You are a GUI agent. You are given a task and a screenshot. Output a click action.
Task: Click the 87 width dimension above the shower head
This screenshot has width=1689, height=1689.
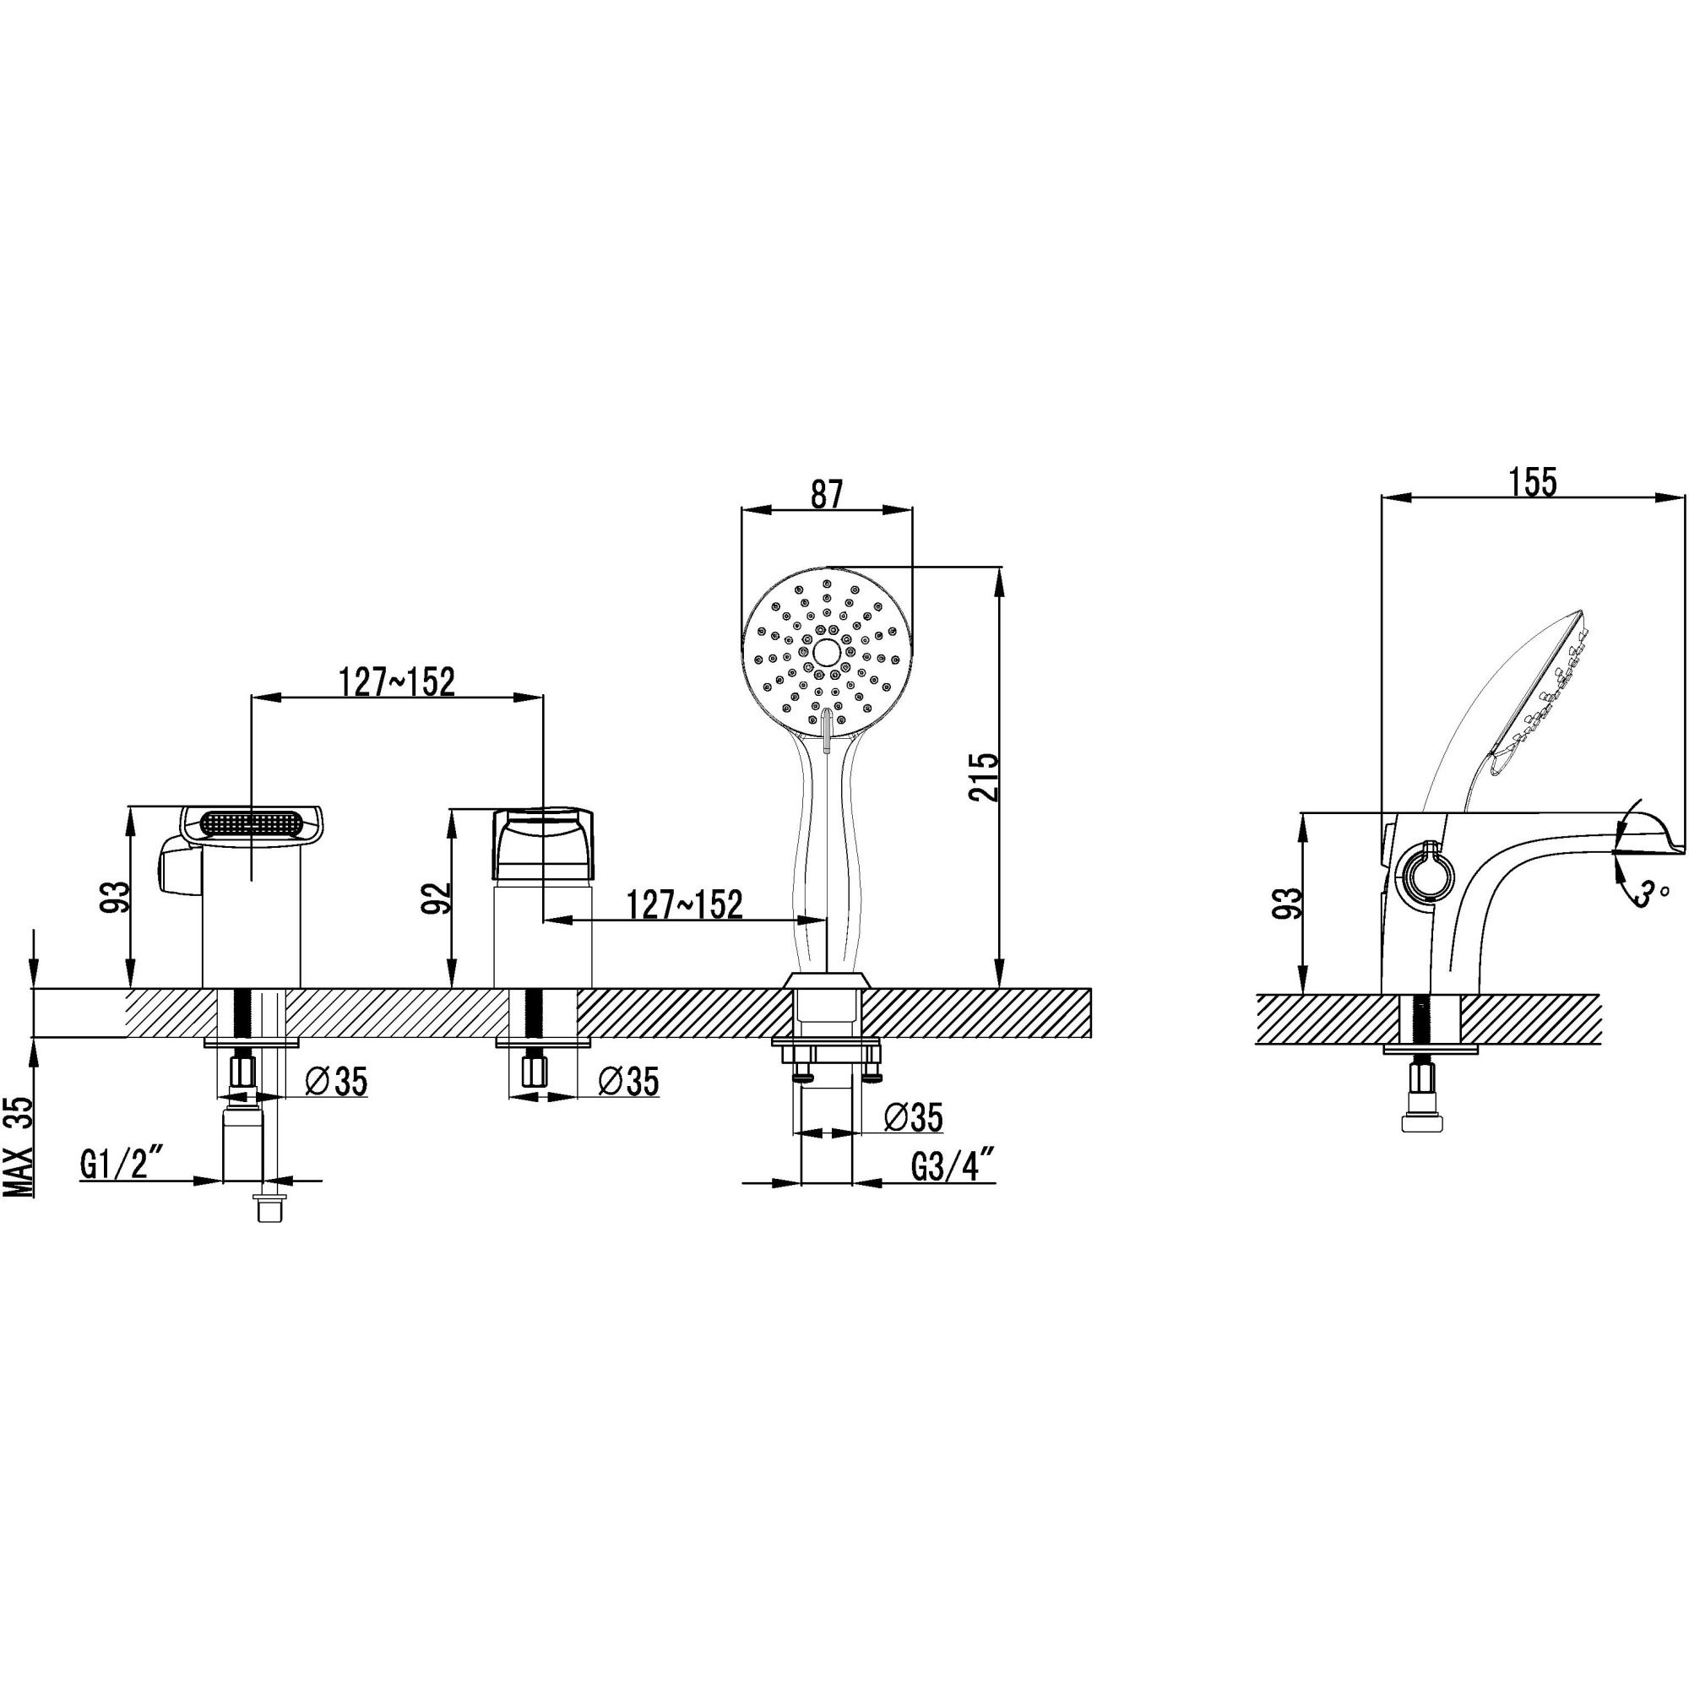(x=826, y=495)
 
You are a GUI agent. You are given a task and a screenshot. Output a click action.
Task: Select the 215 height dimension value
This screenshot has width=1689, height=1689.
(x=985, y=776)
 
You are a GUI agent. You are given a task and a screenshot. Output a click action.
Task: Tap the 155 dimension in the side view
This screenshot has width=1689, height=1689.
(x=1534, y=481)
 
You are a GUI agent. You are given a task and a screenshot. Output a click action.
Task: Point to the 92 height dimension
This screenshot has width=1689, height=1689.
(x=437, y=898)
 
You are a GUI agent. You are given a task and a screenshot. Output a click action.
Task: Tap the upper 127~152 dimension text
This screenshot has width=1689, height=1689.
(x=397, y=682)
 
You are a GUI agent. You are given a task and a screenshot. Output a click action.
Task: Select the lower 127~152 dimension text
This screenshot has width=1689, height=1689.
(x=685, y=904)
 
